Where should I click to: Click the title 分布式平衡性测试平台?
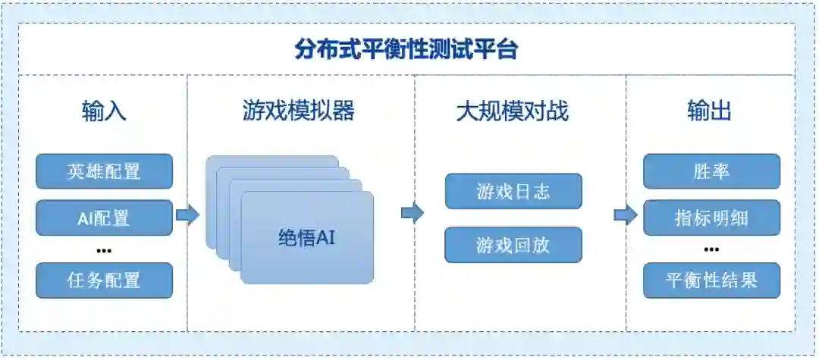[406, 50]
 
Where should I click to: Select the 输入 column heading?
[104, 112]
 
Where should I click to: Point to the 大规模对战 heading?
[512, 112]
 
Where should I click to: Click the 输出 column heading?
[710, 112]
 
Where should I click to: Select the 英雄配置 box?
[104, 171]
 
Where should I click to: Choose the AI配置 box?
[104, 218]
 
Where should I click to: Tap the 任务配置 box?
[104, 280]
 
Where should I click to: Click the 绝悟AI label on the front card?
[306, 237]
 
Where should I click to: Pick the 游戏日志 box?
[513, 191]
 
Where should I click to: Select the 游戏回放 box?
[513, 245]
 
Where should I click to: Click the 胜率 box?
[711, 171]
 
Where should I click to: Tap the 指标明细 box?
[711, 218]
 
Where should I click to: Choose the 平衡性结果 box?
[711, 280]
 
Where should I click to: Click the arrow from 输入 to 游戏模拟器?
[187, 215]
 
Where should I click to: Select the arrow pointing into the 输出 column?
[625, 215]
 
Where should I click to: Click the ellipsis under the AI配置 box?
[104, 251]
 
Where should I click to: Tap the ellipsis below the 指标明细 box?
[711, 249]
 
